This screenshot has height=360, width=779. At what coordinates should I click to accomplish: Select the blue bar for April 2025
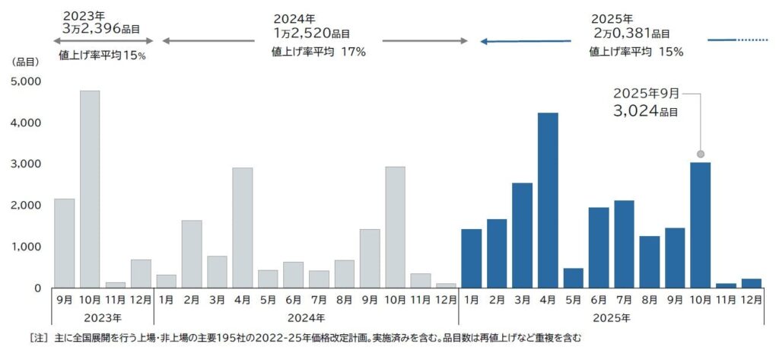click(547, 200)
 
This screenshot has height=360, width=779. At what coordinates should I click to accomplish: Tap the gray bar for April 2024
click(242, 228)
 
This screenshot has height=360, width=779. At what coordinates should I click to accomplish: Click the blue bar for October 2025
click(700, 225)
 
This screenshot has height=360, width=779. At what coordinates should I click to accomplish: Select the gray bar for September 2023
click(65, 243)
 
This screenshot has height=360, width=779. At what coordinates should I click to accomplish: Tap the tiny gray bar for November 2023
click(115, 285)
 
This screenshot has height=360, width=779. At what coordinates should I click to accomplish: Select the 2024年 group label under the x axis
click(306, 317)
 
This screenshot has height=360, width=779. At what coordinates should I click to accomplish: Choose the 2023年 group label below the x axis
click(103, 317)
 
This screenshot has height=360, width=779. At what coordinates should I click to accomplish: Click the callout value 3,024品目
click(645, 111)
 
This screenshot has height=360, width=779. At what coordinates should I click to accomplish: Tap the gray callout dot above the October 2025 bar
click(700, 153)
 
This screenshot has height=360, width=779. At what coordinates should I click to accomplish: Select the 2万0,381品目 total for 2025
click(631, 33)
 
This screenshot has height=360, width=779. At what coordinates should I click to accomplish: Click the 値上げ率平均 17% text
click(319, 52)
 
